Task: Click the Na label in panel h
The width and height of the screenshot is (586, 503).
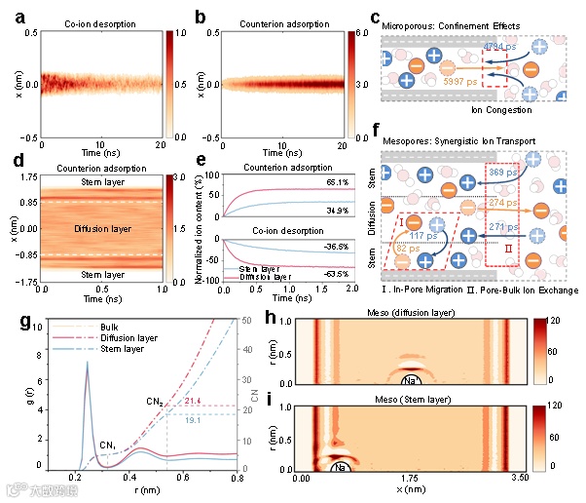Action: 440,379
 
